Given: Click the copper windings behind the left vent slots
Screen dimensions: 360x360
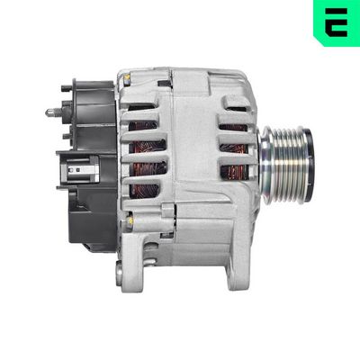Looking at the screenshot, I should (141, 148).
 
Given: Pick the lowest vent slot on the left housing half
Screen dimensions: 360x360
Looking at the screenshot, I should (141, 190).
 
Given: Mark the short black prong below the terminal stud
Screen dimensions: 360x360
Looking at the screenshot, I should (65, 135).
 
